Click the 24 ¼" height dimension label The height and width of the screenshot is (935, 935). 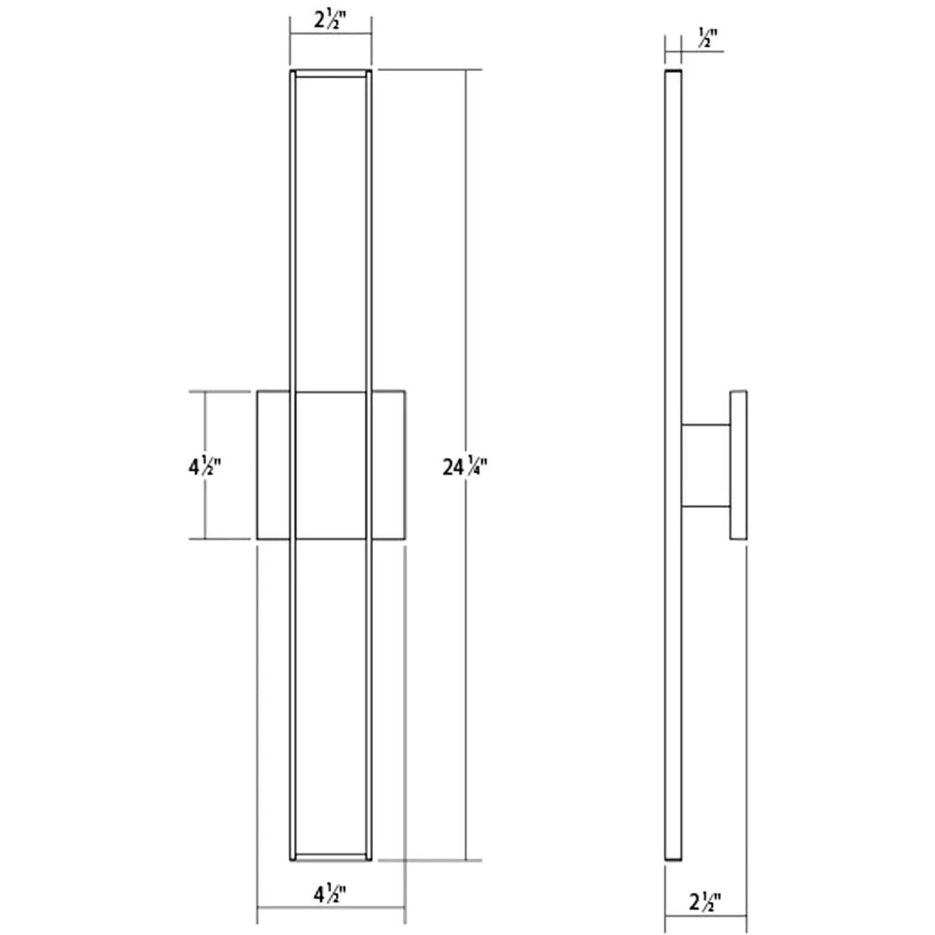[x=464, y=467]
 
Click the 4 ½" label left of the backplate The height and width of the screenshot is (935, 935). [x=204, y=467]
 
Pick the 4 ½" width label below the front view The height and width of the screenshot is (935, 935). [x=330, y=894]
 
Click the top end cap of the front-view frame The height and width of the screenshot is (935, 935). [x=330, y=73]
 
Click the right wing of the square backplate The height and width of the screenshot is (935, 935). [x=388, y=464]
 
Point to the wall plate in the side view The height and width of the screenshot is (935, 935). [x=739, y=464]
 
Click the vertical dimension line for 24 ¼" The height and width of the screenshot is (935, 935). [x=466, y=290]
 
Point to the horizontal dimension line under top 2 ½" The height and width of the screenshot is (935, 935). [x=330, y=33]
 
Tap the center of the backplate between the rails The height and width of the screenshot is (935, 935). [x=330, y=464]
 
